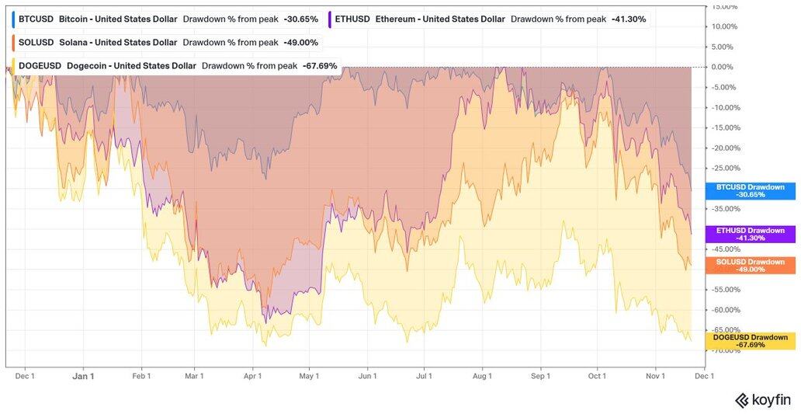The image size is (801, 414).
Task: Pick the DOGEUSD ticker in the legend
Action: (38, 66)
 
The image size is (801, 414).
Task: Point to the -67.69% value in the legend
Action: (320, 66)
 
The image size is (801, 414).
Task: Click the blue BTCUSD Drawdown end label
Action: (750, 191)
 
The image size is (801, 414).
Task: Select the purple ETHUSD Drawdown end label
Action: (750, 234)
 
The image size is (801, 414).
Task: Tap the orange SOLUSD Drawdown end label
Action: (750, 266)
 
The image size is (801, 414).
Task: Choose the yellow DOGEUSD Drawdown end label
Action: (750, 340)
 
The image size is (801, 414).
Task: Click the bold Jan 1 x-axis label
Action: (82, 376)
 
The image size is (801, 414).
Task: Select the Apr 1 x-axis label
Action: (253, 376)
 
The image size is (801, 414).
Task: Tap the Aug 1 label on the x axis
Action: (482, 376)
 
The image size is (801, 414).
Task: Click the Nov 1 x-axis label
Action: (656, 376)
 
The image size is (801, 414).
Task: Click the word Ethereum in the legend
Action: (400, 19)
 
